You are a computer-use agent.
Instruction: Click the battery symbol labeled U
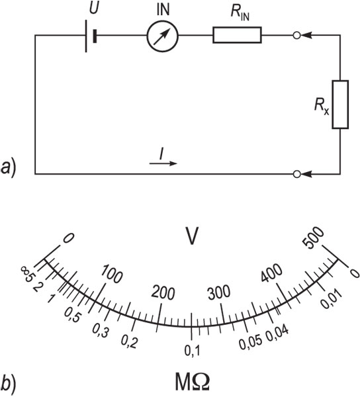pos(91,36)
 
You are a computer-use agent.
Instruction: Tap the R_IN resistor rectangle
pos(237,35)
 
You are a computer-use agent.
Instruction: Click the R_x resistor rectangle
pos(340,105)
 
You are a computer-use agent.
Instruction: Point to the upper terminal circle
pos(296,35)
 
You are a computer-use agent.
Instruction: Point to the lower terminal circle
pos(296,174)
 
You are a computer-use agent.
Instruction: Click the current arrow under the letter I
pos(163,163)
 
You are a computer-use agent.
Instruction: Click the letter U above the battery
pos(94,9)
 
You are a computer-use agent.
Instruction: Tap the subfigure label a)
pos(9,167)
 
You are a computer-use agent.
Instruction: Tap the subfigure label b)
pos(8,385)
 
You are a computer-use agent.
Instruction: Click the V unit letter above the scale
pos(192,236)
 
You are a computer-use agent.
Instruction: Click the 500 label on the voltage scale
pos(314,238)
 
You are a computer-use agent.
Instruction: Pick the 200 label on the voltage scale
pos(163,293)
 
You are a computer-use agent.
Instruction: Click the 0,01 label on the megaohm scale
pos(332,299)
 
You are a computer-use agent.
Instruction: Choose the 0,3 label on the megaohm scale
pos(101,331)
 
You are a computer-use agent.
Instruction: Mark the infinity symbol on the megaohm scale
pos(24,270)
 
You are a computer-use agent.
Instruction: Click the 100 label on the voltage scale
pos(112,274)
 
